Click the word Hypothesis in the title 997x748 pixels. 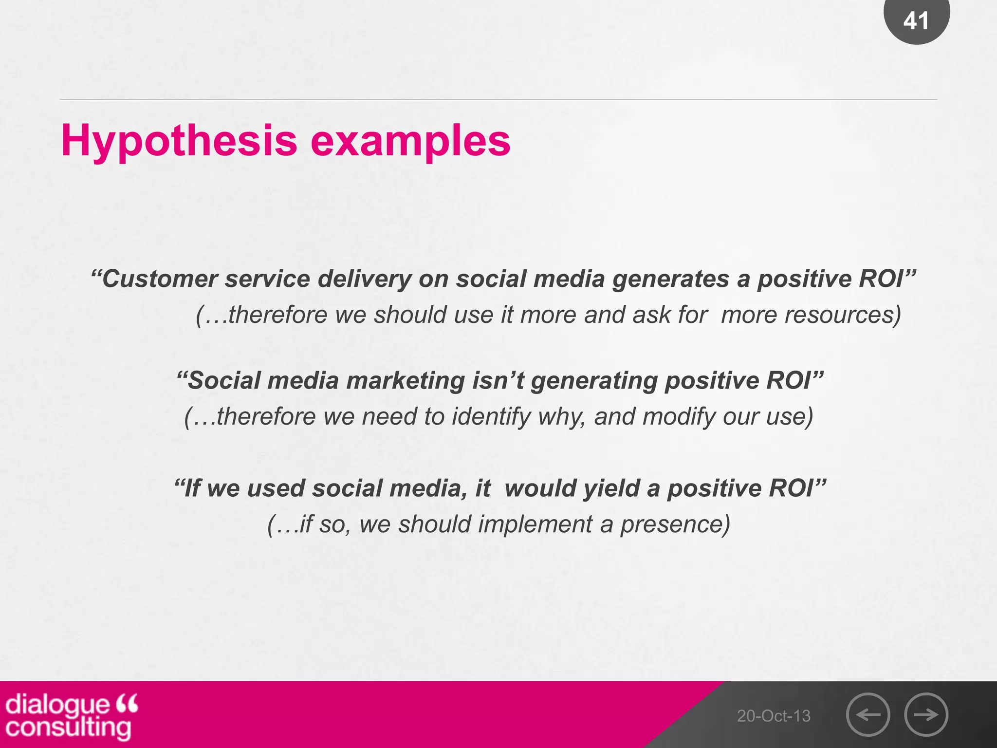point(179,141)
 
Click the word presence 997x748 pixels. point(675,524)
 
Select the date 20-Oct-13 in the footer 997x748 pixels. point(774,716)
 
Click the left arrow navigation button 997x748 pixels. point(868,714)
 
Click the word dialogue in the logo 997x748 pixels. point(58,705)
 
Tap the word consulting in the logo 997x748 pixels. point(68,728)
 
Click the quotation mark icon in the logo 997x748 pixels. point(128,703)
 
